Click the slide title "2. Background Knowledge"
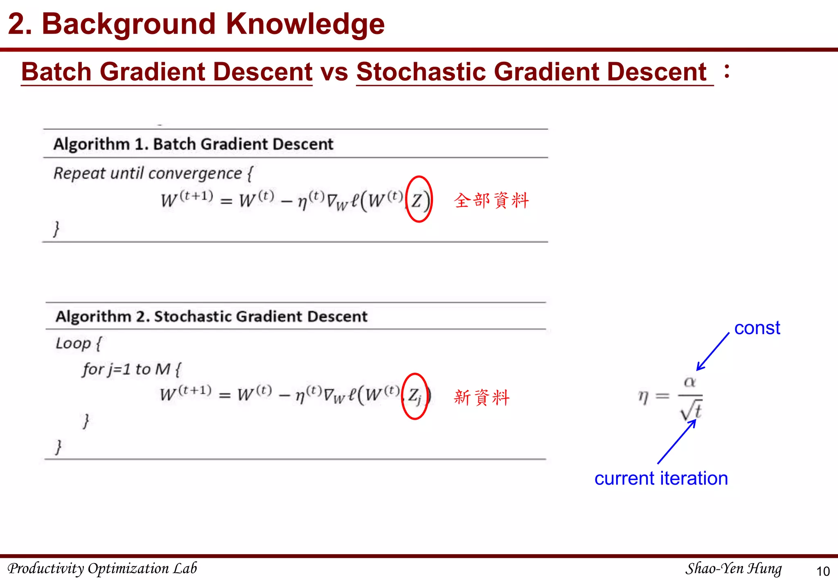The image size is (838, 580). point(196,24)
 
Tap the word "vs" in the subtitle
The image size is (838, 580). point(334,72)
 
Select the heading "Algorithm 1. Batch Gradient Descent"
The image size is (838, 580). point(193,144)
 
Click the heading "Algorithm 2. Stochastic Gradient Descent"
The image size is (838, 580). point(212,317)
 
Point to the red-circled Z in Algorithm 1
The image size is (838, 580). point(418,200)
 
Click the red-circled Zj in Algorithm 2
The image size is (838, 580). point(414,396)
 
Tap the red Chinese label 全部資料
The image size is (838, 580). point(491,200)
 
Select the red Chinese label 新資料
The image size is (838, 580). point(482,397)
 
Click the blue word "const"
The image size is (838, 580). point(757,328)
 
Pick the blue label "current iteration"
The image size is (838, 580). point(661,478)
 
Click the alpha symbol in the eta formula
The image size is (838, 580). point(690,382)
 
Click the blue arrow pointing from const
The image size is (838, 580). point(713,351)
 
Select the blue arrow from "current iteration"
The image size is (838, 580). point(676,442)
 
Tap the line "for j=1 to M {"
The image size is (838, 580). point(131,369)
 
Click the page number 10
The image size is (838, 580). point(823,571)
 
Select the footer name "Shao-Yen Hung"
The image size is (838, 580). point(733,569)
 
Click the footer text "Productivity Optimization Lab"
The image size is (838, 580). point(102,569)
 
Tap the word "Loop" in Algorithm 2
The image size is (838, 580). point(73,343)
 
